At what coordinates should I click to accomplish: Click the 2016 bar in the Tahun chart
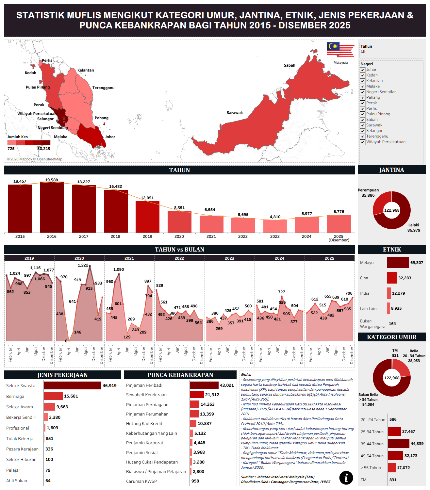[52, 207]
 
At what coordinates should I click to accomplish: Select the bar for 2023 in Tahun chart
[275, 226]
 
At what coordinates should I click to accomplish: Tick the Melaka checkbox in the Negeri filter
[362, 87]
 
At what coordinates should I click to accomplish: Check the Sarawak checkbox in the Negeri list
[362, 125]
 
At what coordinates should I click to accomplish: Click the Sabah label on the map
[289, 65]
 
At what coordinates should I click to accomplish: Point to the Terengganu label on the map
[103, 88]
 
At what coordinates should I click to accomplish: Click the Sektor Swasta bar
[72, 385]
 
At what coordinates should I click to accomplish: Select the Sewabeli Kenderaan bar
[197, 395]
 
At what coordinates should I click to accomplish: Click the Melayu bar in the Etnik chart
[398, 263]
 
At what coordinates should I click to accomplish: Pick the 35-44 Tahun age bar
[398, 444]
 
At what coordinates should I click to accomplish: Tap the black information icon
[346, 478]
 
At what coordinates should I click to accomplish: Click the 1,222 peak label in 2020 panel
[83, 265]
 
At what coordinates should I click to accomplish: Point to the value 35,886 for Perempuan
[368, 195]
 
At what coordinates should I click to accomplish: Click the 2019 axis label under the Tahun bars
[147, 237]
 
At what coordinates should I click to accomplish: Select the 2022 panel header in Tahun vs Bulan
[179, 258]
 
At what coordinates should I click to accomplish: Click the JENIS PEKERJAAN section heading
[62, 375]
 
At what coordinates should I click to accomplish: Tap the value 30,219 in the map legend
[44, 149]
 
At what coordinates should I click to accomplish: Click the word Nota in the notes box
[246, 375]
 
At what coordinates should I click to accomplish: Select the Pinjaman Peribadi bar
[204, 385]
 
